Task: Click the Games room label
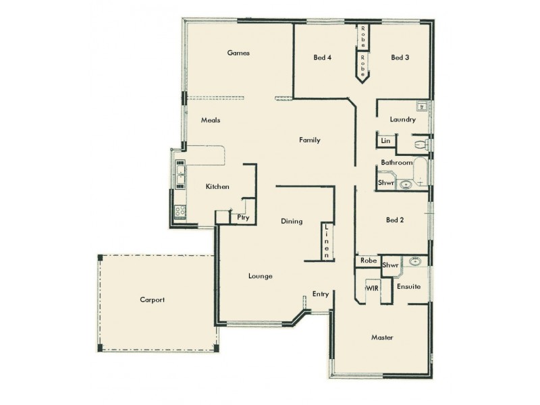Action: point(239,53)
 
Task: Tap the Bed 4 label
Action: point(322,57)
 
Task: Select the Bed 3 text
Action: point(400,57)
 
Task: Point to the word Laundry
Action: point(402,119)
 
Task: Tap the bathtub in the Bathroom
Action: point(420,172)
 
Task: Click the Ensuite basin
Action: point(414,262)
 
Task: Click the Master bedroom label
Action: point(382,337)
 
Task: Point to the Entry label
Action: point(320,294)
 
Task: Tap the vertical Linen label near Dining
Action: point(327,242)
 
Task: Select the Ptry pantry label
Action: point(243,217)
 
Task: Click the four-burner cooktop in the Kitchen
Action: point(180,211)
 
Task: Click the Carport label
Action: point(152,300)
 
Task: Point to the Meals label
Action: point(211,120)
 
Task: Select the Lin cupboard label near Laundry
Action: point(385,141)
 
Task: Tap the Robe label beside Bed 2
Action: point(368,261)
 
